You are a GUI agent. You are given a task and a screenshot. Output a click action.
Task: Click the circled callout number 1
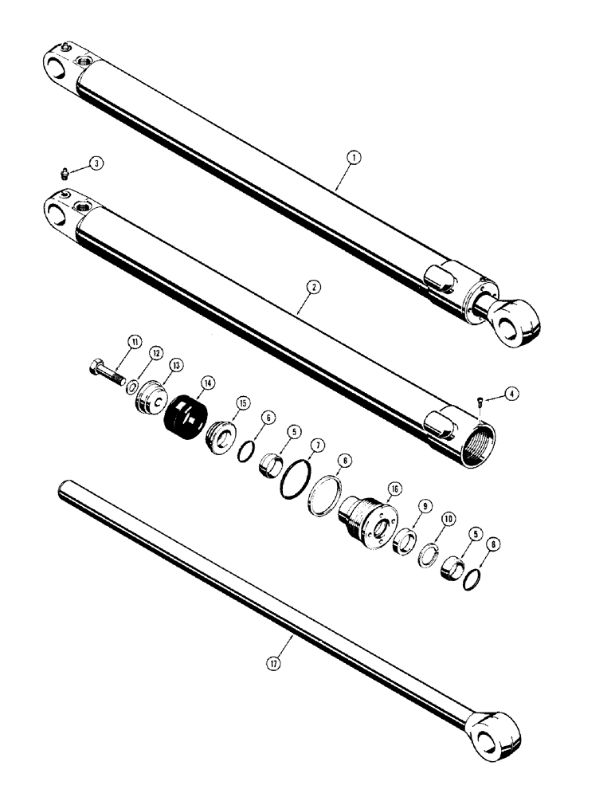point(353,158)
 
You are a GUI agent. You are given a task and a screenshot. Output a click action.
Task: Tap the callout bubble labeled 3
point(96,163)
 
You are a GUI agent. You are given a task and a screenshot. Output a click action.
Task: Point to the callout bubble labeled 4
point(511,392)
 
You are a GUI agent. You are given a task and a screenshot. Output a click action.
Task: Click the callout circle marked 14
point(208,383)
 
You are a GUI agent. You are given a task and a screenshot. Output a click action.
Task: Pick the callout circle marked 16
point(393,488)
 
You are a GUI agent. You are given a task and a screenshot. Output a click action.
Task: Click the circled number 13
point(174,364)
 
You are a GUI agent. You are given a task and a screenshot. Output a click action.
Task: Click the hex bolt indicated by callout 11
point(102,371)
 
